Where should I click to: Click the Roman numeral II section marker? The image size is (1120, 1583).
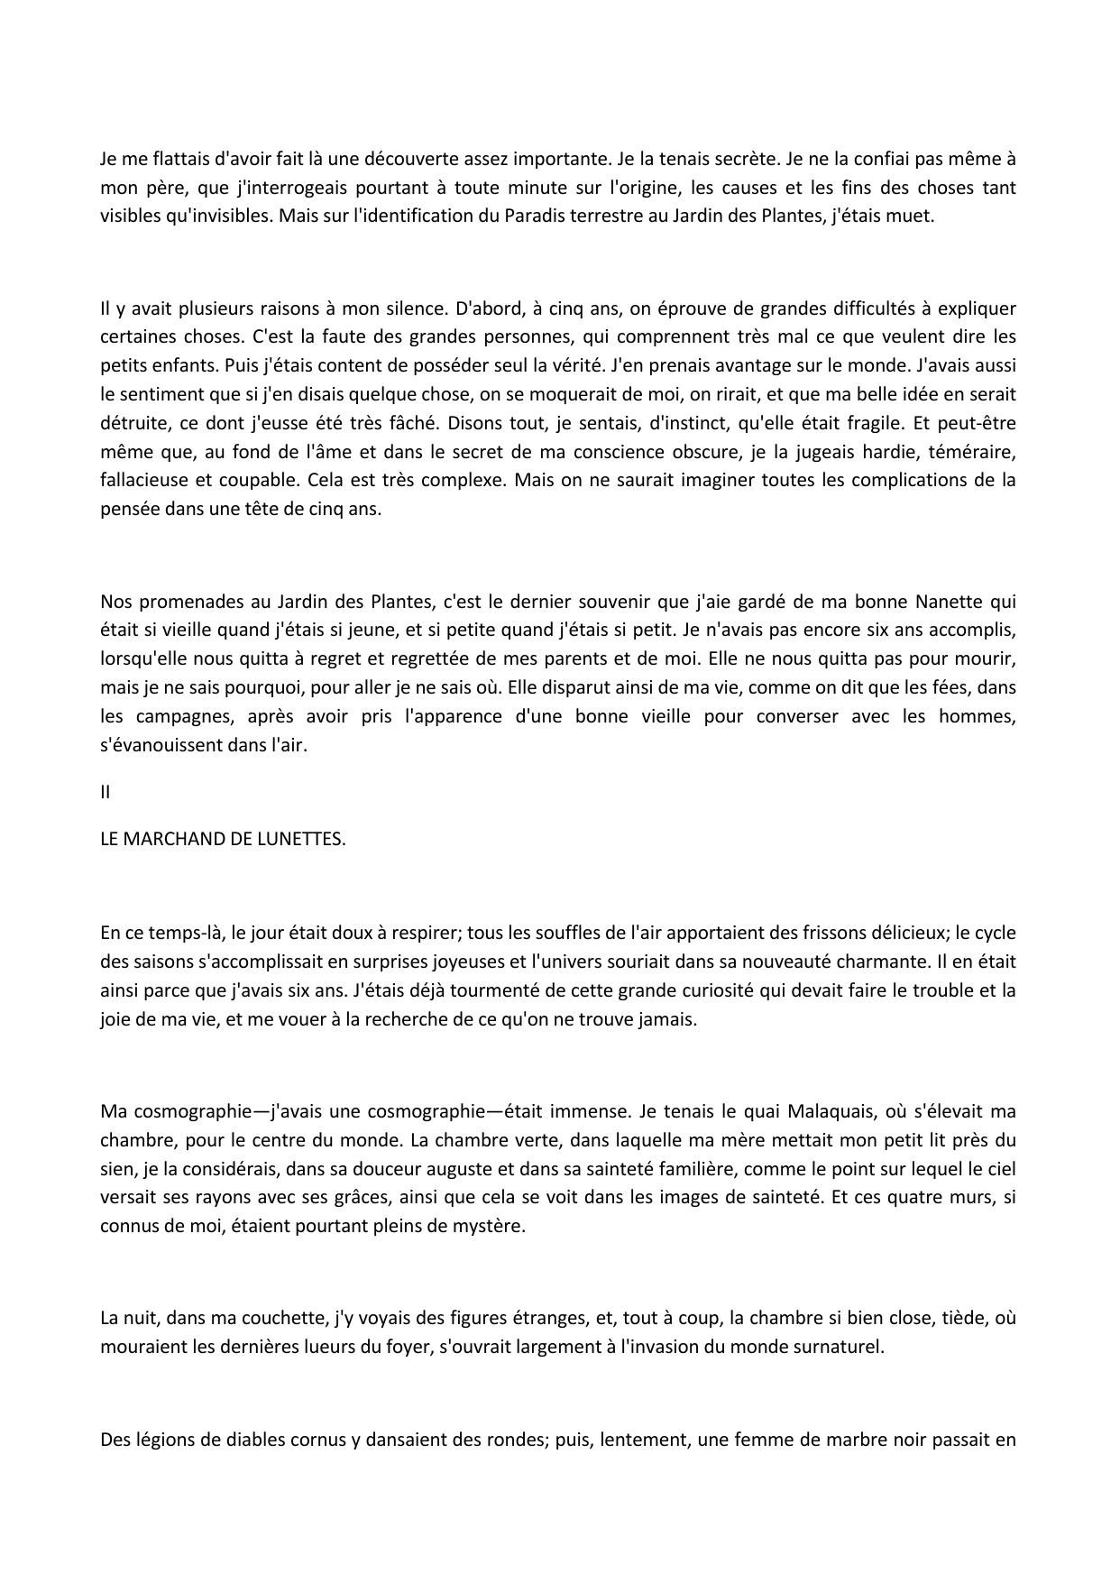click(x=106, y=793)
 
